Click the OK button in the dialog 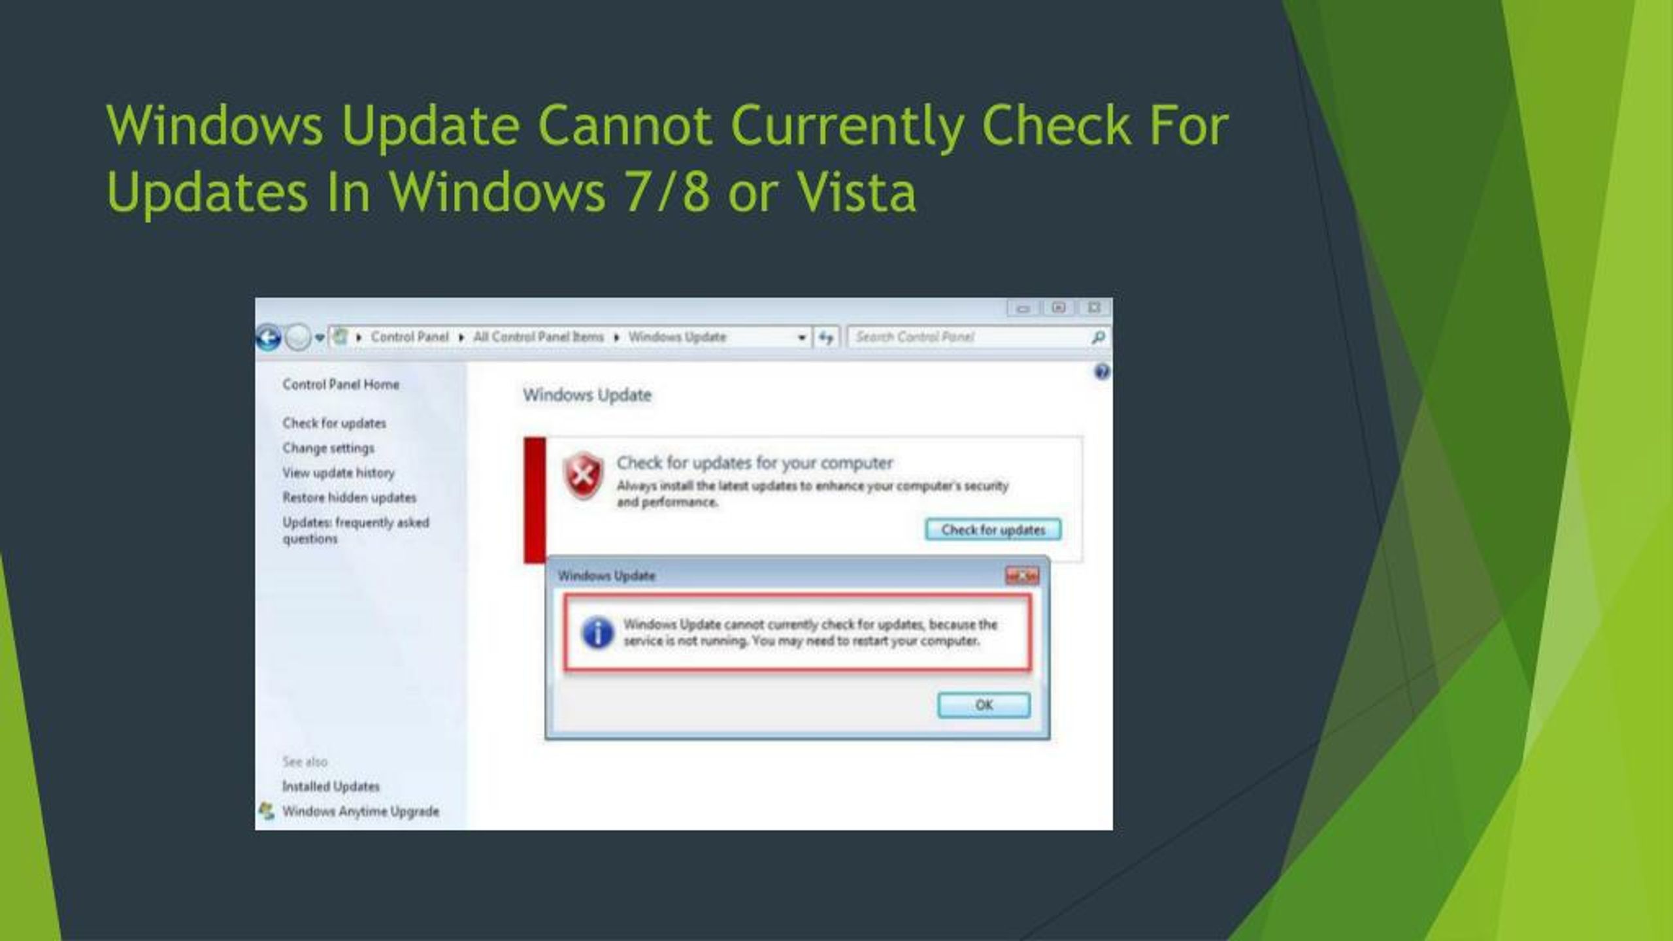[x=984, y=705]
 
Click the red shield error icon [x=583, y=475]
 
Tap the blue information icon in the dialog [x=597, y=633]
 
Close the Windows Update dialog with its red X [x=1022, y=576]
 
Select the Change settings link [x=328, y=448]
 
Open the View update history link [x=339, y=472]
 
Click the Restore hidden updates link [x=349, y=497]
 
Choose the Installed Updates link [x=331, y=786]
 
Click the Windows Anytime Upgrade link [x=360, y=811]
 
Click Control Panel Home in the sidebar [x=340, y=384]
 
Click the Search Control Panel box [x=978, y=337]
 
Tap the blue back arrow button [x=268, y=338]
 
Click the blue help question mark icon [x=1102, y=372]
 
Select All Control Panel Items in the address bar [x=538, y=337]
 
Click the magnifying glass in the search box [x=1098, y=337]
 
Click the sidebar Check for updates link [x=334, y=423]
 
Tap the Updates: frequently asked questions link [x=356, y=531]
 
